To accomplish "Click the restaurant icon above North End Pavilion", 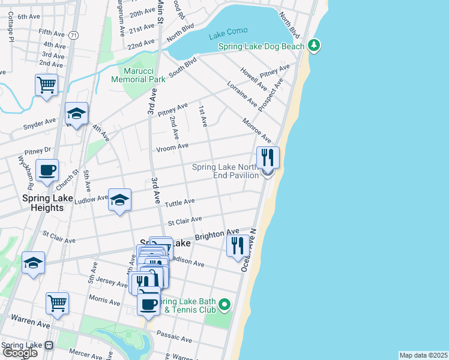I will tap(268, 158).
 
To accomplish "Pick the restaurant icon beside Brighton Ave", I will tap(238, 245).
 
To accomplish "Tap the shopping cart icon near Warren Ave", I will tap(57, 302).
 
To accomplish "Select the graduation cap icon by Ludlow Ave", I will tap(119, 199).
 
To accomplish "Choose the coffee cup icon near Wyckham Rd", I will tap(47, 170).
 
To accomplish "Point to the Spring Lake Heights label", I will tap(43, 202).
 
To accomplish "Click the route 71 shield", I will tap(73, 36).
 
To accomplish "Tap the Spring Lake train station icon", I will tap(49, 346).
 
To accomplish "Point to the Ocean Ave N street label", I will tap(248, 250).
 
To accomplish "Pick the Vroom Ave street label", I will tap(173, 146).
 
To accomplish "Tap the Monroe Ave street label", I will tap(257, 130).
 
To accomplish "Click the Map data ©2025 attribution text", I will tap(423, 355).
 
